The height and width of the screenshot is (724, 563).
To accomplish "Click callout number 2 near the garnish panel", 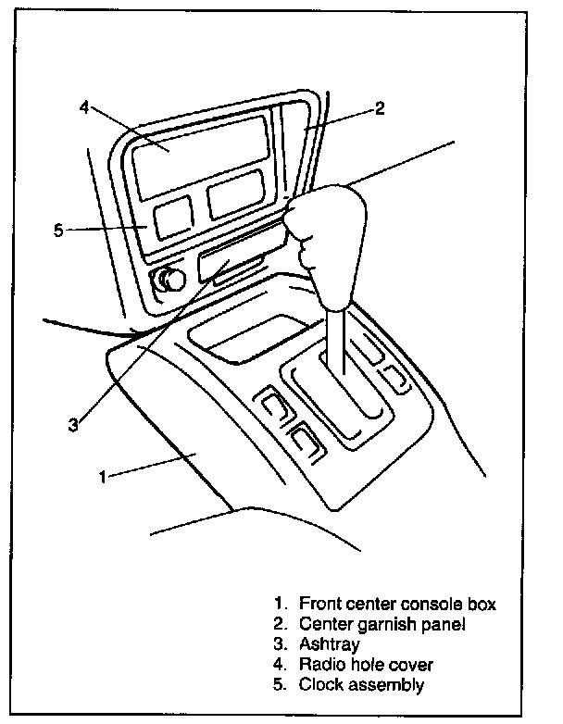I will pyautogui.click(x=380, y=108).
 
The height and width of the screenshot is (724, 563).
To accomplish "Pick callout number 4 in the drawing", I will pyautogui.click(x=83, y=106).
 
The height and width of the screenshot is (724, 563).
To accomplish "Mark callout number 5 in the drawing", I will pyautogui.click(x=57, y=230).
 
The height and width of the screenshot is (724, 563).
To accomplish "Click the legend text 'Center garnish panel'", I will pyautogui.click(x=382, y=625).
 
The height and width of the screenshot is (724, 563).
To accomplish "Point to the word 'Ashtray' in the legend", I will pyautogui.click(x=329, y=644).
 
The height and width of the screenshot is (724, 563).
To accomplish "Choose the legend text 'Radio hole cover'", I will pyautogui.click(x=366, y=665).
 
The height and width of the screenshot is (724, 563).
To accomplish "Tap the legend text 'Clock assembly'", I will pyautogui.click(x=361, y=685).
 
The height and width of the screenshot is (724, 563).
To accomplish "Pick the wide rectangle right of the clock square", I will pyautogui.click(x=238, y=198).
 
